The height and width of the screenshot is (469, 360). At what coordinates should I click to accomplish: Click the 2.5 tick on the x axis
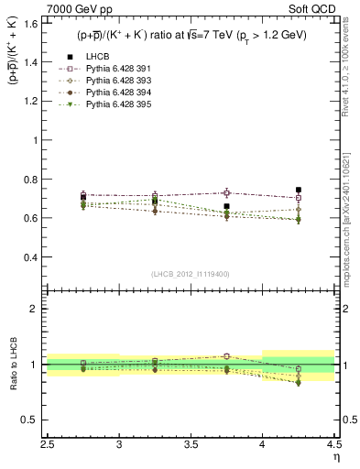(x=48, y=444)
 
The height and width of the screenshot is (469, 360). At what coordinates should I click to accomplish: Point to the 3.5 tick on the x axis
(x=191, y=444)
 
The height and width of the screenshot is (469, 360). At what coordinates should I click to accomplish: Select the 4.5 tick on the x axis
(x=334, y=444)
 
